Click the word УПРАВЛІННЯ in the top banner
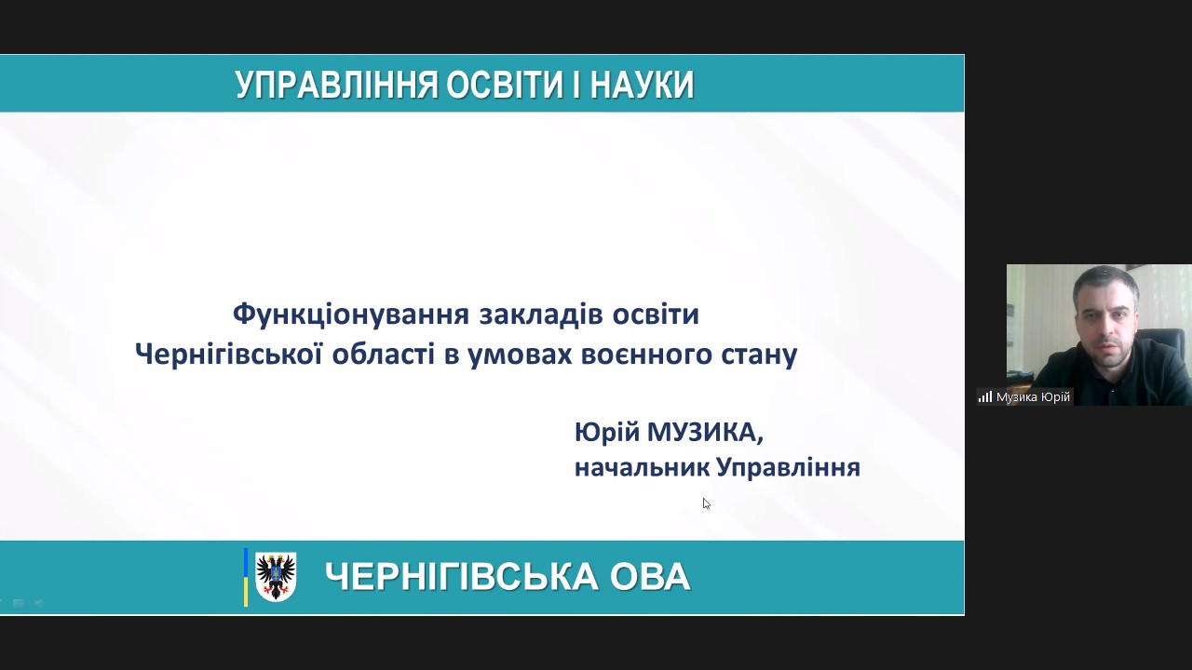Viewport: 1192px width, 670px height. coord(336,85)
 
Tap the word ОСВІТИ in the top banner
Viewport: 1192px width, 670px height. coord(505,85)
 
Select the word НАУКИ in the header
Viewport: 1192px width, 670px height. coord(643,85)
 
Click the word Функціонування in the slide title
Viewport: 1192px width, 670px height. coord(351,315)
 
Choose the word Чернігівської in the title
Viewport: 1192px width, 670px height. coord(229,355)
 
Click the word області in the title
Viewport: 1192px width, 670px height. coord(384,355)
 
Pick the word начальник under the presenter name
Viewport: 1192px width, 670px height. coord(643,468)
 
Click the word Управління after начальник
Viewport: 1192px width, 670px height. coord(789,467)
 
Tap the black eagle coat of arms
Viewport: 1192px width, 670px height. coord(276,576)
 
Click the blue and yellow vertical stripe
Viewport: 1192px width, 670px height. coord(245,577)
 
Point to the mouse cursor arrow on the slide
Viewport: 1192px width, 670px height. coord(706,503)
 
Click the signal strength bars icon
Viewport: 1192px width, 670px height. coord(985,396)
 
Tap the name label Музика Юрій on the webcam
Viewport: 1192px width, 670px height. coord(1033,397)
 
